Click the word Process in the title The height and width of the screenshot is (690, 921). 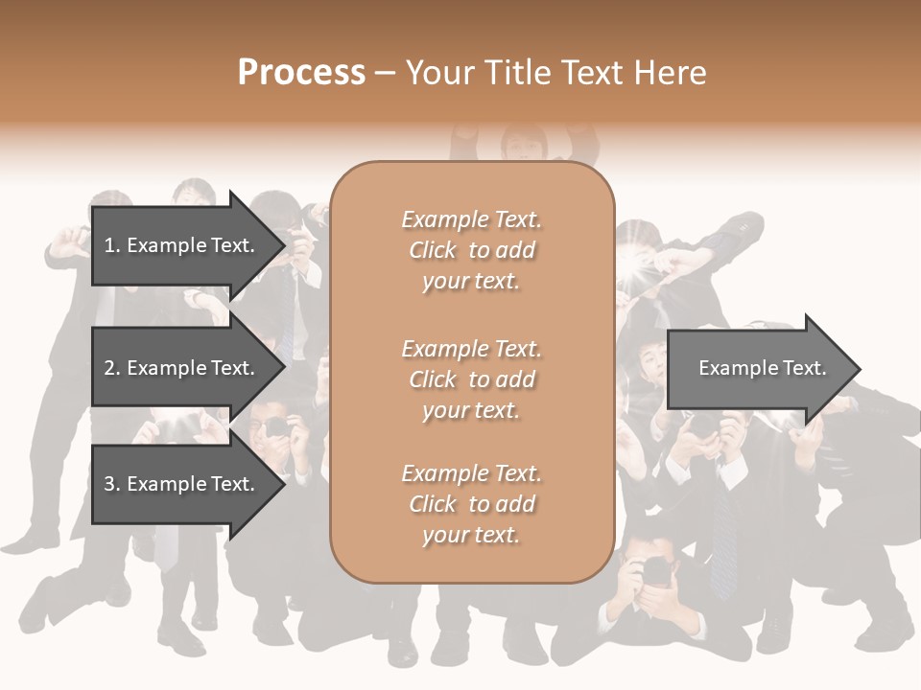point(301,72)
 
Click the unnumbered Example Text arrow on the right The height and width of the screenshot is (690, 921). point(762,368)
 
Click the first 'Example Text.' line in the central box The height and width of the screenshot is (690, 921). point(471,219)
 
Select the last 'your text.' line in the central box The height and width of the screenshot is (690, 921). point(471,535)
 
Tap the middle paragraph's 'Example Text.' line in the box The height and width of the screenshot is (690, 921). point(471,348)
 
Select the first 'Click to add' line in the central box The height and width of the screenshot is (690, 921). point(471,250)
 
